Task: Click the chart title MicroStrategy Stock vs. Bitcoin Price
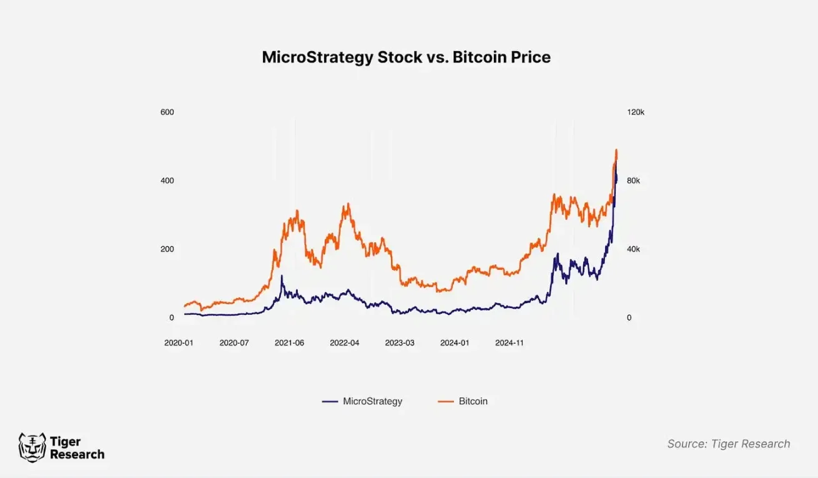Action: tap(406, 57)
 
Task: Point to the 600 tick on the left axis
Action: tap(167, 112)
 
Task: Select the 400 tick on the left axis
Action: tap(167, 181)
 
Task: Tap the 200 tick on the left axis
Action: tap(167, 249)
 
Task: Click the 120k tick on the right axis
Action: tap(636, 112)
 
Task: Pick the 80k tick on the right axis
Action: tap(634, 181)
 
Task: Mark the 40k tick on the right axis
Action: tap(634, 249)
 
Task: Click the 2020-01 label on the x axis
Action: tap(179, 343)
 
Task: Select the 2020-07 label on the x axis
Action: tap(234, 343)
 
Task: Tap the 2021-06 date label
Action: tap(289, 343)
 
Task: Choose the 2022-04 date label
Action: tap(345, 343)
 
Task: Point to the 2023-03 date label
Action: tap(400, 343)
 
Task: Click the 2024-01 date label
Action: tap(455, 343)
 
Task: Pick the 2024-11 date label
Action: tap(510, 343)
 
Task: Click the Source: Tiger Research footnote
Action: tap(728, 444)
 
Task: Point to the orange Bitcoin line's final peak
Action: tap(616, 150)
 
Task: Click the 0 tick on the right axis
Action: tap(629, 318)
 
